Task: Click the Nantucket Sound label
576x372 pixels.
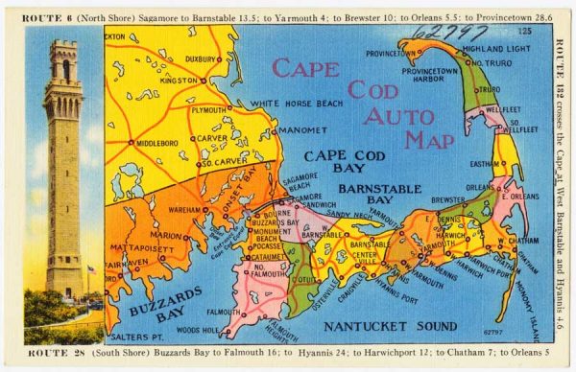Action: (382, 327)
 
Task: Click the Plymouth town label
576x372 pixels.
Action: (208, 110)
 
